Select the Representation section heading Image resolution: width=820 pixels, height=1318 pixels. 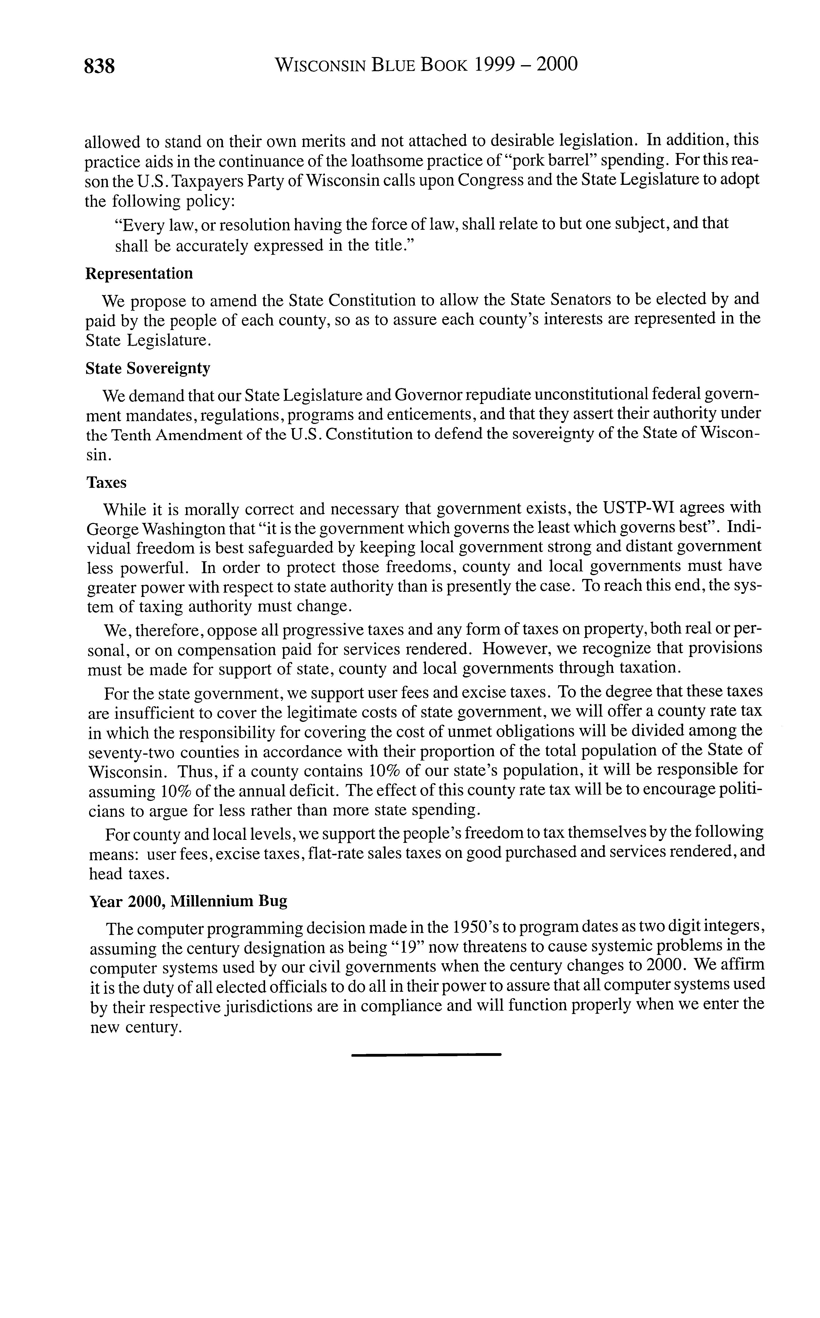pyautogui.click(x=139, y=273)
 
